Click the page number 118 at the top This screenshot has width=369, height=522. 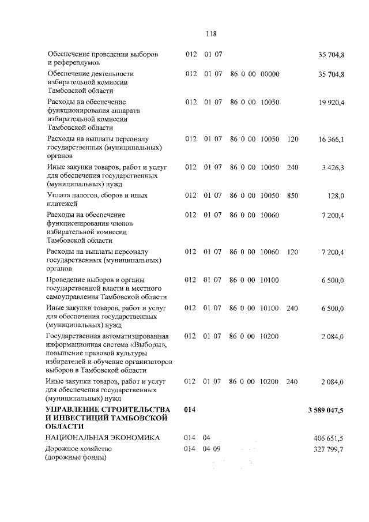click(210, 33)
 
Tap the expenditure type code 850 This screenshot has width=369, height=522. click(292, 196)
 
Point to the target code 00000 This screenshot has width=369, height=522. click(270, 74)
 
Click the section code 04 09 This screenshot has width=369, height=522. click(212, 449)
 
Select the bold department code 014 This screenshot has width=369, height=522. click(190, 410)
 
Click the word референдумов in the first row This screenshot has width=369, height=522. click(76, 62)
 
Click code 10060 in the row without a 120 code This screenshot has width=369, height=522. click(270, 215)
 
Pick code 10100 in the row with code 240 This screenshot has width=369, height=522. click(270, 309)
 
